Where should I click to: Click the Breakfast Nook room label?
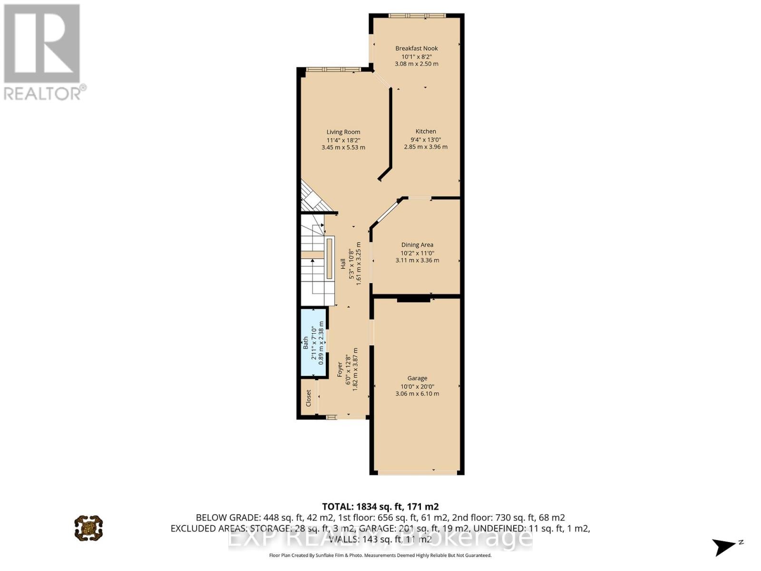417,48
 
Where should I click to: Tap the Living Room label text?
343,132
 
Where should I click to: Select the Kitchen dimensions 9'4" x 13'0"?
426,139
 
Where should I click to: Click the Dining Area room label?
417,245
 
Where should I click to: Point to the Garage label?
417,378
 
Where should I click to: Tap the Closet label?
308,398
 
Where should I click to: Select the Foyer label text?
340,370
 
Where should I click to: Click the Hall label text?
343,264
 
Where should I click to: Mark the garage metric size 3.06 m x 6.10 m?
417,394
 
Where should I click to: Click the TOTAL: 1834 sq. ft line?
380,507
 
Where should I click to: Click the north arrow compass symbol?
725,546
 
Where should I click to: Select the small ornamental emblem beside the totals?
88,527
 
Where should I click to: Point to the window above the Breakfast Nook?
417,16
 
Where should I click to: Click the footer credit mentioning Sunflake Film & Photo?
380,555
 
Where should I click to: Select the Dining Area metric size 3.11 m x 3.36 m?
417,260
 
